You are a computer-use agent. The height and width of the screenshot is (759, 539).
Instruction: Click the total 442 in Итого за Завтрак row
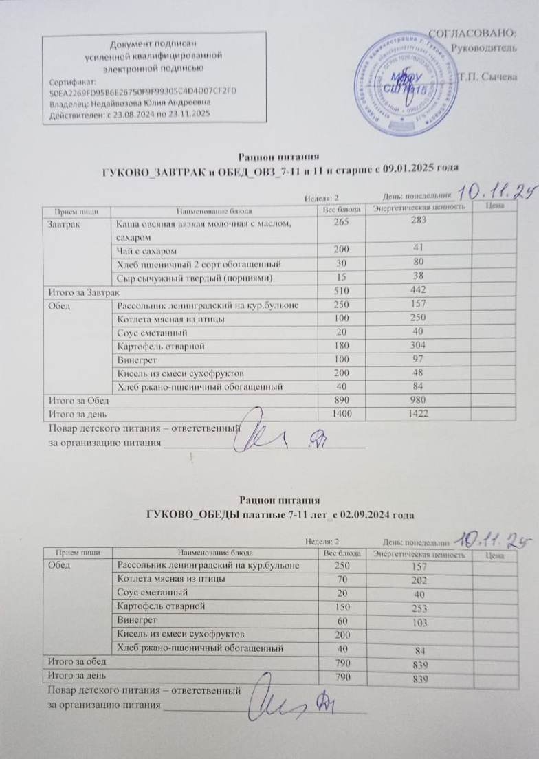(419, 291)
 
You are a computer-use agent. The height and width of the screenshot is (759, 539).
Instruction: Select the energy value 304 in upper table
(419, 346)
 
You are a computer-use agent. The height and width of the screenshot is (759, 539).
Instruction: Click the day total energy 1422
(419, 415)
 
